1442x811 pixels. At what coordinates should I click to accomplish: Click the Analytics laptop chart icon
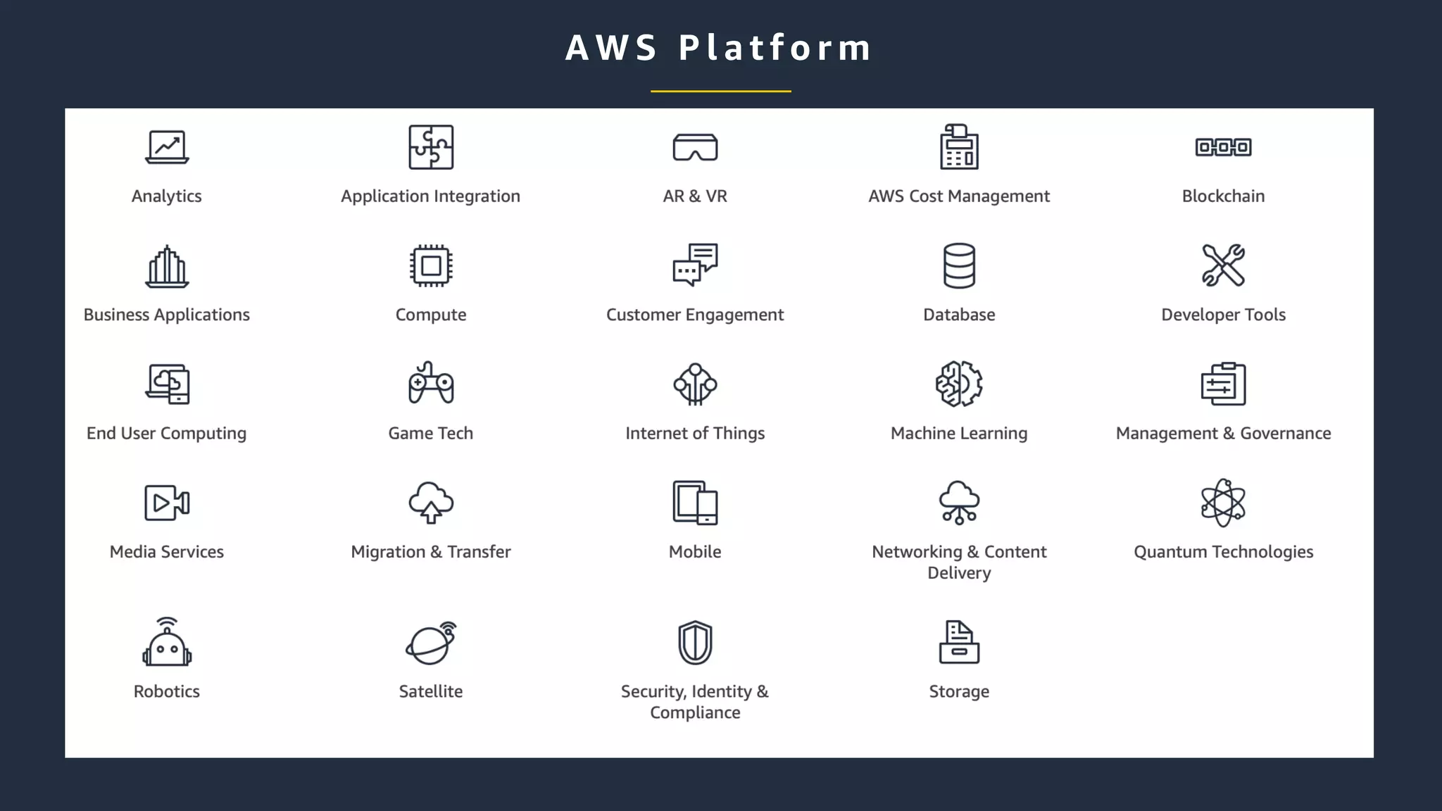coord(167,147)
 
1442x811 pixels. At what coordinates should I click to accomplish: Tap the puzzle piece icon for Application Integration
coord(431,147)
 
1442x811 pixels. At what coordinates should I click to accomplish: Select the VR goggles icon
coord(695,147)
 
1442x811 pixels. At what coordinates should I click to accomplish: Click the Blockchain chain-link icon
coord(1223,147)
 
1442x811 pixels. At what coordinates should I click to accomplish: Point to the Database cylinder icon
coord(959,266)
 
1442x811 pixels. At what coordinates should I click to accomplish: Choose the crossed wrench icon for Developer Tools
coord(1223,265)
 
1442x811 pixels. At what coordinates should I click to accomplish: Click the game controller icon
coord(431,384)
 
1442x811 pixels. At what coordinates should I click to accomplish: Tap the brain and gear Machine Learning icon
coord(959,384)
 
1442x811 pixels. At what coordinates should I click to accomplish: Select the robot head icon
coord(167,642)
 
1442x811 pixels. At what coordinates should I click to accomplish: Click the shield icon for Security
coord(695,642)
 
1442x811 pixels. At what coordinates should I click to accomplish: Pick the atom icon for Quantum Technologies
coord(1223,503)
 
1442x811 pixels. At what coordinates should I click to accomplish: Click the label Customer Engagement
coord(695,315)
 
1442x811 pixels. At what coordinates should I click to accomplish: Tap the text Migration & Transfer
coord(431,552)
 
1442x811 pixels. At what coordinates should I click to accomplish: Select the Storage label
coord(959,691)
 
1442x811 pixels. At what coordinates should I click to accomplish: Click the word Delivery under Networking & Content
coord(959,573)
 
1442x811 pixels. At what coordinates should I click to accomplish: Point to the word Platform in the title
coord(775,48)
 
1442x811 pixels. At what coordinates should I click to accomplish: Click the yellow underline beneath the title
coord(720,91)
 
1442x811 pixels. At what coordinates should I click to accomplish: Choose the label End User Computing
coord(167,434)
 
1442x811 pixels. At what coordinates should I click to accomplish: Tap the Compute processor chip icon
coord(431,266)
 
